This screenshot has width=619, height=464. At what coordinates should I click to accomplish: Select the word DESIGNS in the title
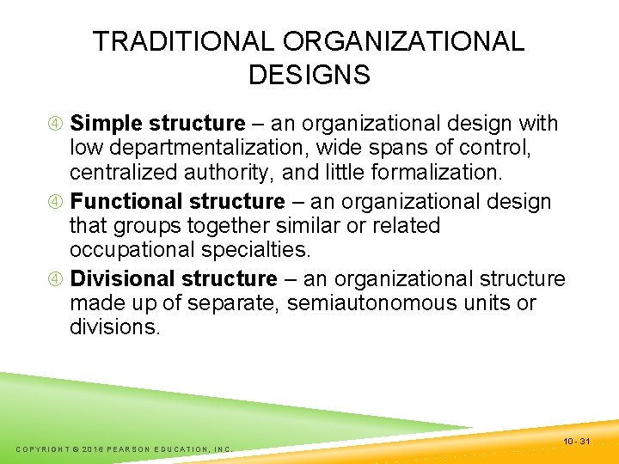[x=309, y=75]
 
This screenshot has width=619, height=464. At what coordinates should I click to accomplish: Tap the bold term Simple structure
[x=157, y=124]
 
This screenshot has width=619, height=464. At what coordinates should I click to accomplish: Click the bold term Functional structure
[x=177, y=202]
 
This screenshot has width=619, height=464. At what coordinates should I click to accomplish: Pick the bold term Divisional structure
[x=174, y=279]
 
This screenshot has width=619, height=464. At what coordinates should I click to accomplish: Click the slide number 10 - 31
[x=576, y=442]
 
